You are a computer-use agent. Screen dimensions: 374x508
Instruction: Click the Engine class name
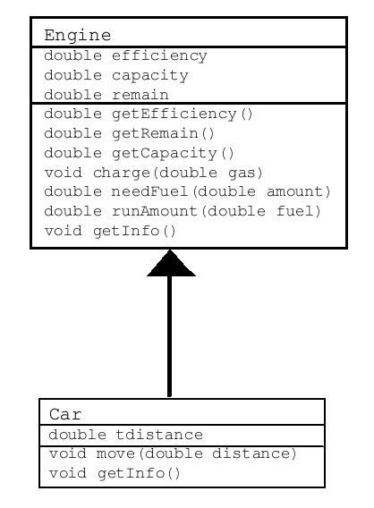pos(78,36)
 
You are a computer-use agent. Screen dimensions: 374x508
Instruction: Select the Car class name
pos(65,414)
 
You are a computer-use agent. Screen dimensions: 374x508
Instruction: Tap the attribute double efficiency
pos(125,55)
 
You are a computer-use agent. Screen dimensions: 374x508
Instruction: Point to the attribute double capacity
pos(116,76)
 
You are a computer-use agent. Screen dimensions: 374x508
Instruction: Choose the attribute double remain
pos(106,95)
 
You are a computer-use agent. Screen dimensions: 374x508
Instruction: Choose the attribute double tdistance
pos(126,435)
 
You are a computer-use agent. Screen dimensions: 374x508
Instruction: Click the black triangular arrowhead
pos(171,264)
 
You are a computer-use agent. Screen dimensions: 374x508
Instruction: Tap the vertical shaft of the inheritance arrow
pos(169,336)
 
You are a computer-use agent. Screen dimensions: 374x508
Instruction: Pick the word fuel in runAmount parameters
pos(294,211)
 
